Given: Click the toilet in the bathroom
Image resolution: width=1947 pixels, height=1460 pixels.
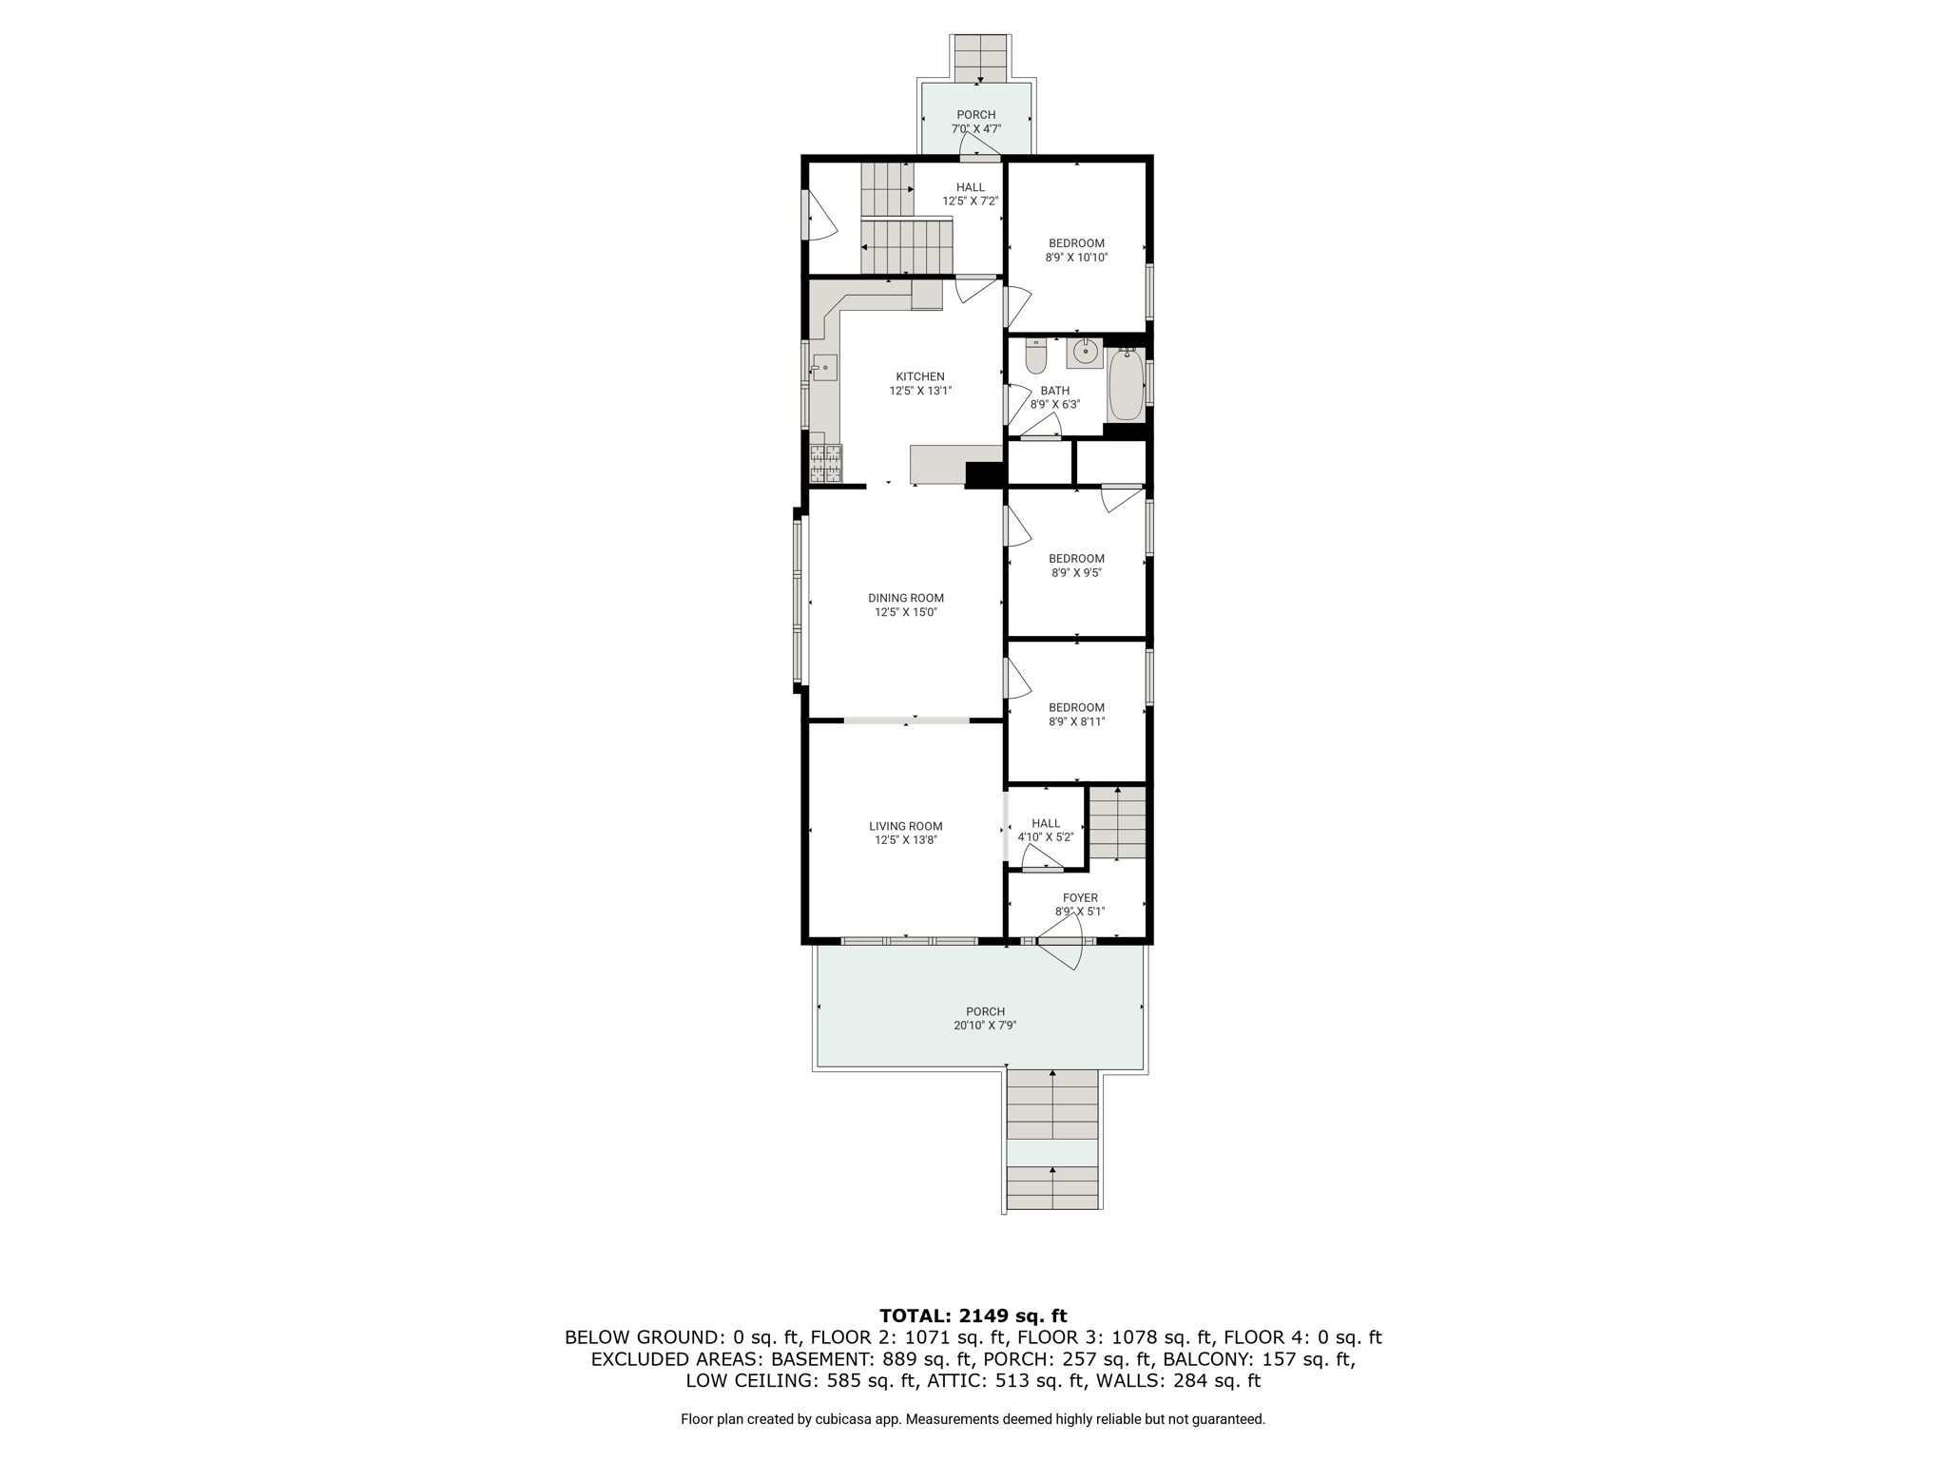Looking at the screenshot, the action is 1035,355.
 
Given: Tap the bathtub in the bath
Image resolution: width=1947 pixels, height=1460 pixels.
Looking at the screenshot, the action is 1126,384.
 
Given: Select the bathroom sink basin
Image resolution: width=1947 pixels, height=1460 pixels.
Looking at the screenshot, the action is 1084,353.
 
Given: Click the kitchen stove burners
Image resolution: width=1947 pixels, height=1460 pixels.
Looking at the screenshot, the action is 825,463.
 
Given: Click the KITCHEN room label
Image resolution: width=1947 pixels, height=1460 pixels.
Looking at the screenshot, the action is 920,376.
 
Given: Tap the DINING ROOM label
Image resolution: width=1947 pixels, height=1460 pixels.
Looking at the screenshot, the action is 906,598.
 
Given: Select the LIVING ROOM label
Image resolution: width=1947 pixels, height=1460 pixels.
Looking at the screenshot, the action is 906,826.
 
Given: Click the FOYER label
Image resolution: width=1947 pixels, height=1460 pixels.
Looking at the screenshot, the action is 1080,897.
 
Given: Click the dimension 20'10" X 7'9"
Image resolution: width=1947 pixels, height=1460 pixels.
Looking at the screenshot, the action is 985,1026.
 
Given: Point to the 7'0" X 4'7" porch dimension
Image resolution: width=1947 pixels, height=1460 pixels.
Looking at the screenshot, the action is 976,128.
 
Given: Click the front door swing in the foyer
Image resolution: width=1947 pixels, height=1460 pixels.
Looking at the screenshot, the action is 1062,954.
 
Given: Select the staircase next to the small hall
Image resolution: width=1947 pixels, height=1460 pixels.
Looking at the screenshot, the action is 1117,822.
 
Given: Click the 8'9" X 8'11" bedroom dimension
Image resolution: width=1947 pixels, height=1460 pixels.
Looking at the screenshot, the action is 1076,721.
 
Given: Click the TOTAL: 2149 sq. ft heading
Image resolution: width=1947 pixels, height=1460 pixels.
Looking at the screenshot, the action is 973,1316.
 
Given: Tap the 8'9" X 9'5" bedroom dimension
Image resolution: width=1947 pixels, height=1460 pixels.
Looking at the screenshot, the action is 1076,573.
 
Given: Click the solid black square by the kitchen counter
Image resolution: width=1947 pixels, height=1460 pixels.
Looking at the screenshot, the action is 985,474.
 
